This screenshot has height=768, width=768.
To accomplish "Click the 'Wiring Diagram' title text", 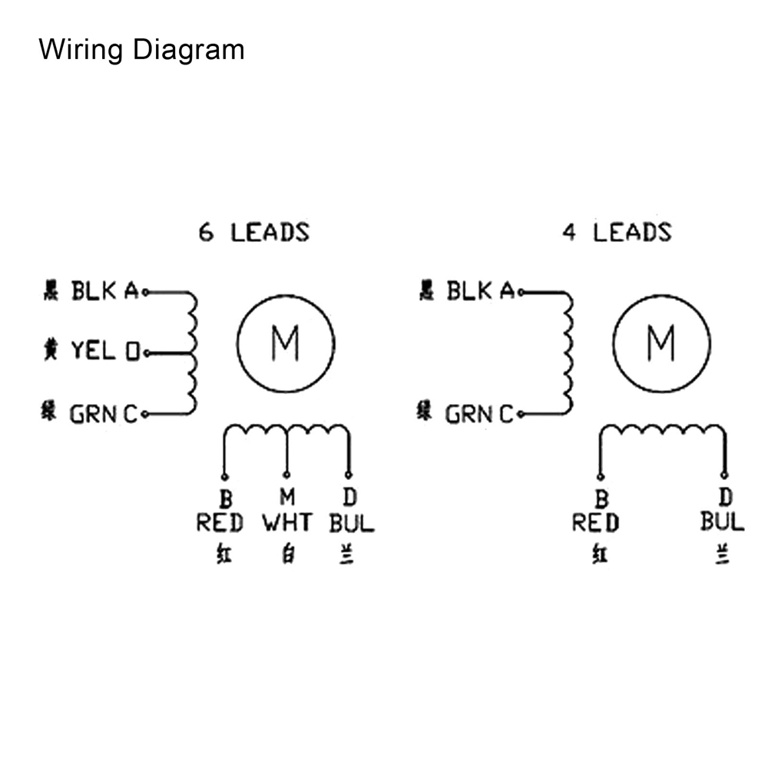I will (x=141, y=50).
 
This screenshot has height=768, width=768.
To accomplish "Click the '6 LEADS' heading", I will (x=254, y=232).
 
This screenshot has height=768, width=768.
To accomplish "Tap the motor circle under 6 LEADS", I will (x=286, y=344).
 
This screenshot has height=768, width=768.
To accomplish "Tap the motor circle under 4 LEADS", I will (x=660, y=344).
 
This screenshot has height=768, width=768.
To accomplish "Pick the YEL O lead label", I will (x=104, y=353).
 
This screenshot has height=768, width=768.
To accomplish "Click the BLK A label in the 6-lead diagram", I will (x=104, y=292).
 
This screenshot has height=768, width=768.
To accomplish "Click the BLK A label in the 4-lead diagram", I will (x=480, y=292).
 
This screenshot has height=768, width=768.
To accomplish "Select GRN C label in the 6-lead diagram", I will (x=104, y=415).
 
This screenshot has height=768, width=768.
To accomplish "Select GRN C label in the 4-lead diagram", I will (x=479, y=415).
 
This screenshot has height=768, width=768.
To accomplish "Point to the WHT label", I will (x=287, y=524).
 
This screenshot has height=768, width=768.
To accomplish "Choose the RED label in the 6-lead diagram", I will (x=220, y=524).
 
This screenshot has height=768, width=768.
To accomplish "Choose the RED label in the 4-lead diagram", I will (x=595, y=524).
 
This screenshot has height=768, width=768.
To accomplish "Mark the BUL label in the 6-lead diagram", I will (x=352, y=524).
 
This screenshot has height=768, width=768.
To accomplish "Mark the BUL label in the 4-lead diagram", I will (x=722, y=522).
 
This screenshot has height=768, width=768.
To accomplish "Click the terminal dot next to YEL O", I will (x=145, y=353).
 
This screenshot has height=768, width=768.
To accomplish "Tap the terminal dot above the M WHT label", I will (x=286, y=475).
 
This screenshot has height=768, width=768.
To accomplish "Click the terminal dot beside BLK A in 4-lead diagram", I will (x=521, y=292).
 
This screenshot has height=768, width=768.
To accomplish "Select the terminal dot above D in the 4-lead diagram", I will (x=723, y=475).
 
